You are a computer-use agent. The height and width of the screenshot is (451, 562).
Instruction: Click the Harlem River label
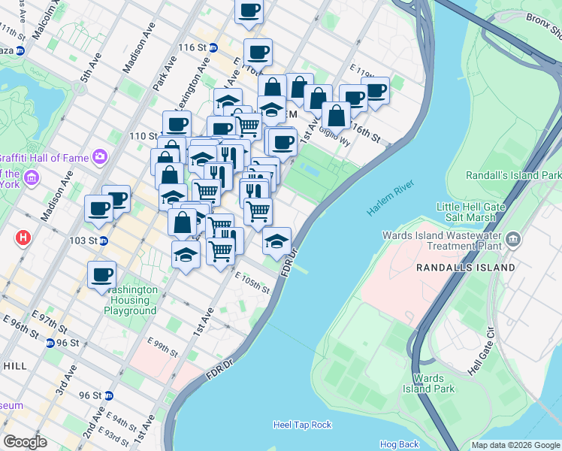pos(391,198)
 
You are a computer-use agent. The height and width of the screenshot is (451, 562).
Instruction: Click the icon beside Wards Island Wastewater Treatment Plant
pos(513,239)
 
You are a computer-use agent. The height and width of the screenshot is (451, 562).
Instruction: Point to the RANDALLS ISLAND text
pos(466,268)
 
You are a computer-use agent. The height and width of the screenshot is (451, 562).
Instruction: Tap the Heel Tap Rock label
pos(302,425)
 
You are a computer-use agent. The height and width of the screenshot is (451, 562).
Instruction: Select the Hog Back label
pos(399,444)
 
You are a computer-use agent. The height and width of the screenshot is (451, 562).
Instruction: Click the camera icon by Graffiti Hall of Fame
pos(99,156)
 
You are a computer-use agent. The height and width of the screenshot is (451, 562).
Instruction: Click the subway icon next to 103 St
pos(103,241)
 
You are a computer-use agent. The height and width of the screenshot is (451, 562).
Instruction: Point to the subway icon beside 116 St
pos(213,47)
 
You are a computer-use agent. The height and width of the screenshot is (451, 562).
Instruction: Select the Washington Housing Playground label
pos(131,300)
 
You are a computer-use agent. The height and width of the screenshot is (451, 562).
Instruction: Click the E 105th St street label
pos(252,283)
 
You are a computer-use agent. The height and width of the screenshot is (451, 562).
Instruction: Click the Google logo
pos(25,442)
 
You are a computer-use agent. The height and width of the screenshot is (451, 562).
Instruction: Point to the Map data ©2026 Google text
pos(515,445)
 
